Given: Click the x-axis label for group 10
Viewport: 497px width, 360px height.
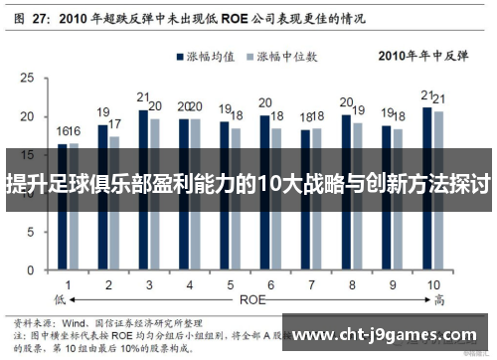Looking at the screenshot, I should click(433, 284).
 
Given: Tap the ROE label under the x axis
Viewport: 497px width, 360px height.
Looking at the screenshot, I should click(251, 297).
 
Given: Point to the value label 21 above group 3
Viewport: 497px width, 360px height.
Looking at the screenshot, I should click(143, 98).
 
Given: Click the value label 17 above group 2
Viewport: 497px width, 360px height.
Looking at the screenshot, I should click(115, 124).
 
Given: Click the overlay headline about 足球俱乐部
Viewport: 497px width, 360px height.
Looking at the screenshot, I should click(248, 185).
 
